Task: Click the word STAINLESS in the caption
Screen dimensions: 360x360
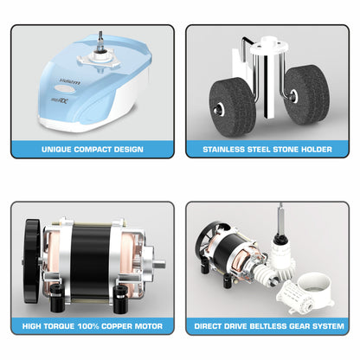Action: tap(222, 149)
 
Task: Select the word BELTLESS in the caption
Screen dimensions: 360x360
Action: tap(267, 327)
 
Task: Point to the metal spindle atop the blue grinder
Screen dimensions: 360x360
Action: tap(101, 37)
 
